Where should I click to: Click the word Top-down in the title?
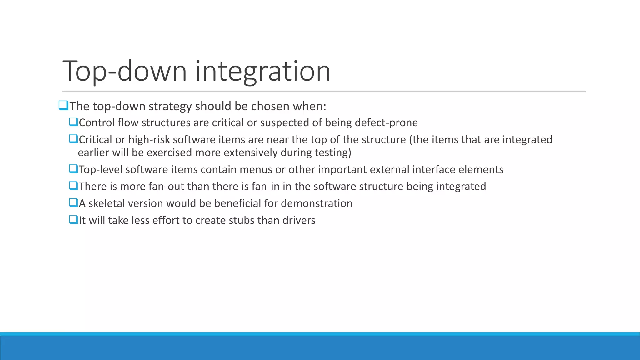[x=124, y=71]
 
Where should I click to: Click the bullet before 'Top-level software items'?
[x=73, y=169]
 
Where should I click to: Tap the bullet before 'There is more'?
[x=73, y=186]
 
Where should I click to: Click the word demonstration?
[x=317, y=203]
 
